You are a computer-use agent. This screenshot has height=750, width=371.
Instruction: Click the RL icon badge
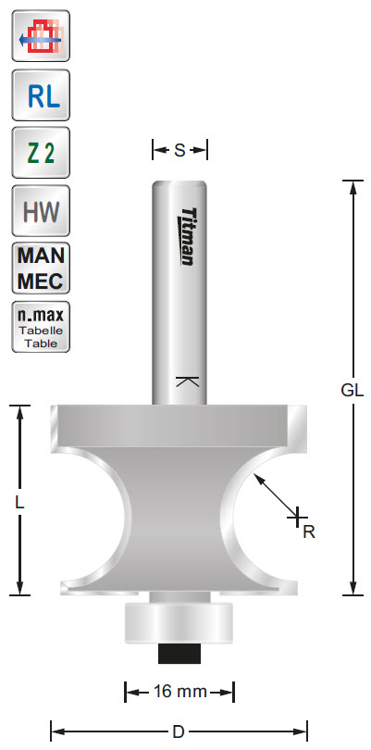[39, 95]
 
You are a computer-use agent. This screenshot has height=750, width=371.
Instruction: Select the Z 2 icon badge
[39, 153]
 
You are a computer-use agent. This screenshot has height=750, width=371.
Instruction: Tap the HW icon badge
[39, 211]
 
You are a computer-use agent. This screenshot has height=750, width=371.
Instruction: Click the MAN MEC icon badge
[39, 269]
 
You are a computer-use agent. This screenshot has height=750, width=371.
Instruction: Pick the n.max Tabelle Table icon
[39, 327]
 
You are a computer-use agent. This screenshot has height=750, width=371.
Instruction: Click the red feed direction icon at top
[39, 38]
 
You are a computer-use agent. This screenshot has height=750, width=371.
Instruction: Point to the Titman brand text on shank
[186, 235]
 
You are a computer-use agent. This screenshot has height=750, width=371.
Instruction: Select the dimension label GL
[352, 390]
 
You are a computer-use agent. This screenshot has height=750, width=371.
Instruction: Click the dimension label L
[19, 503]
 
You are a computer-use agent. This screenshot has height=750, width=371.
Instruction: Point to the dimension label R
[309, 531]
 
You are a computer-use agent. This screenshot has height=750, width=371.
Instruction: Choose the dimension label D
[179, 731]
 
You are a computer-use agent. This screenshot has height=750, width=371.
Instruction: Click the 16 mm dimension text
[179, 692]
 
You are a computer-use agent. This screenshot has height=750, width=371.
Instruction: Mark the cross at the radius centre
[297, 514]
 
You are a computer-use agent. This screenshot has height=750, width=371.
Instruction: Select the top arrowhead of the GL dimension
[352, 186]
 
